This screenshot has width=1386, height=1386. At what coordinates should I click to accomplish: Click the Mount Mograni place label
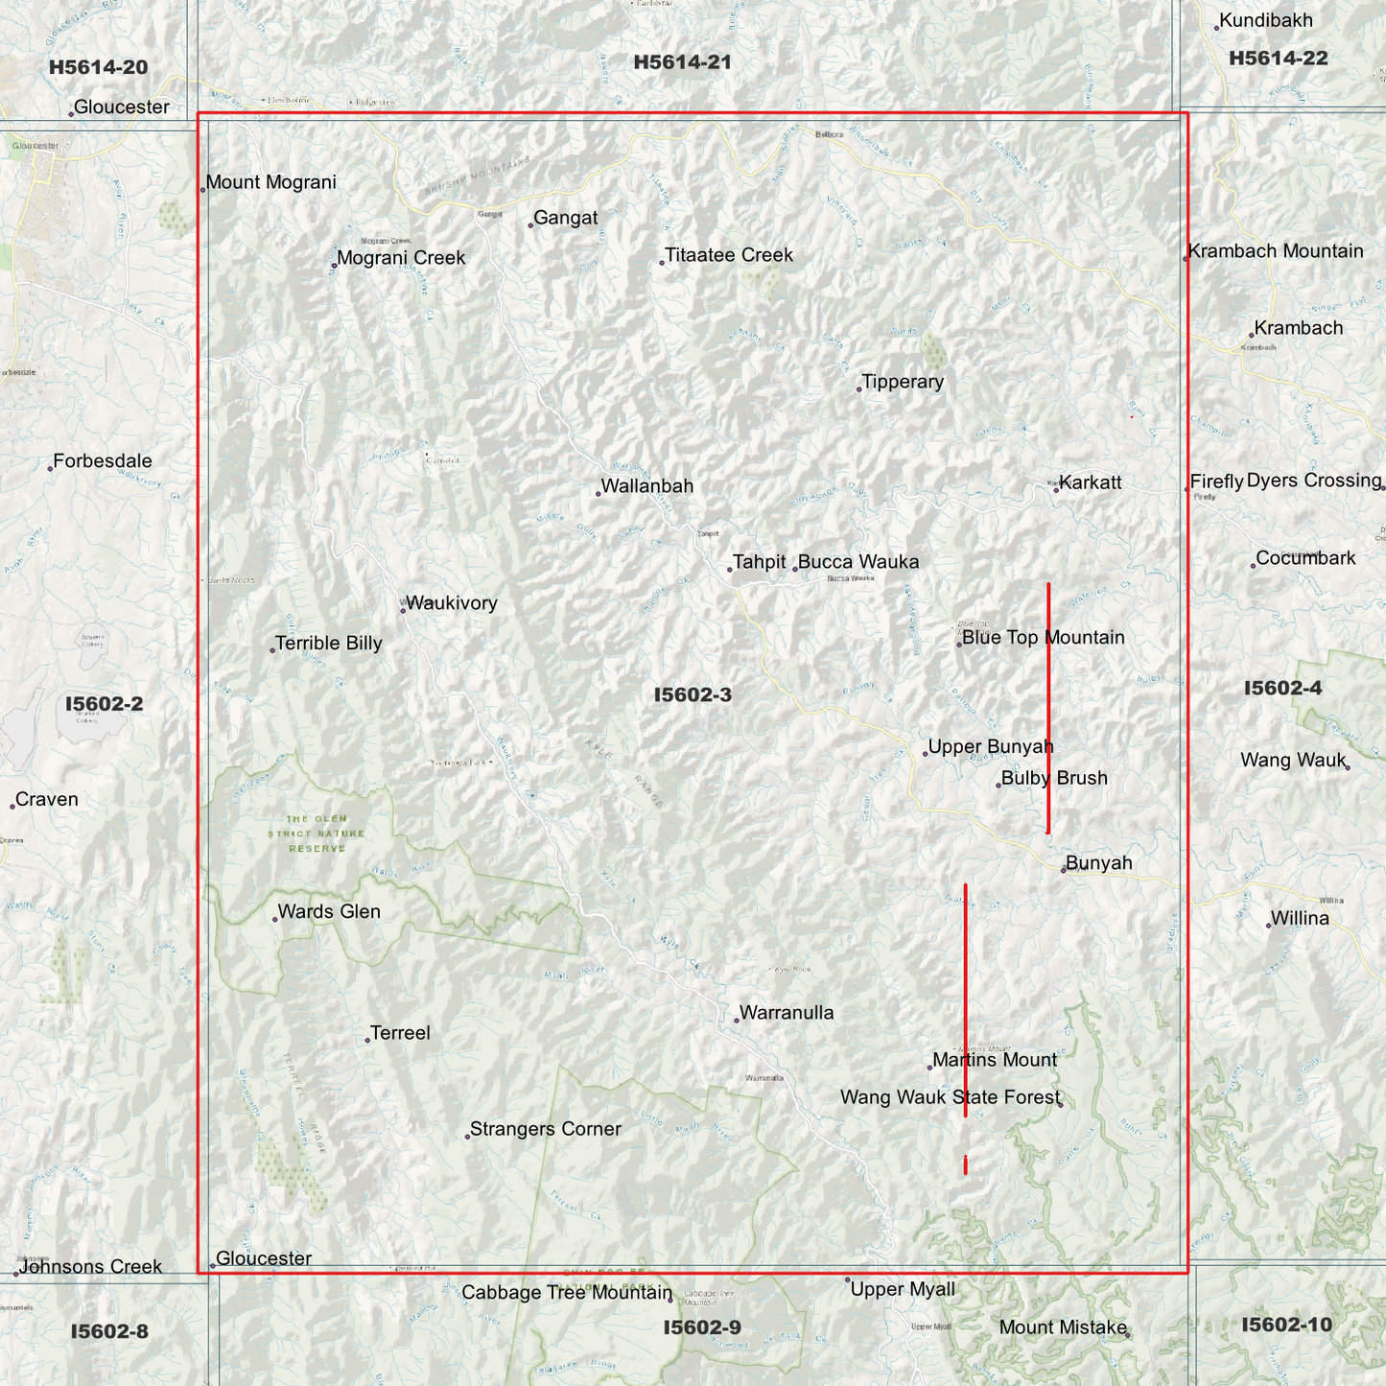[x=271, y=182]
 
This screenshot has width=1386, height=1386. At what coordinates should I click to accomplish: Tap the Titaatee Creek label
[x=729, y=255]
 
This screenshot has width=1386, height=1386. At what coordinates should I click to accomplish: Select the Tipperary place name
[x=903, y=382]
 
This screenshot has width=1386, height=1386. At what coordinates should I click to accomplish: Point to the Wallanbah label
[x=646, y=486]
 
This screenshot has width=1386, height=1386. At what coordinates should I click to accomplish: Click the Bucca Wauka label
[x=858, y=562]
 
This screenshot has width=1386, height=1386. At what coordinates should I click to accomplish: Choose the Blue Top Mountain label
[x=1044, y=638]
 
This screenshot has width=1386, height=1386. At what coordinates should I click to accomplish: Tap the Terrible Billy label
[x=329, y=644]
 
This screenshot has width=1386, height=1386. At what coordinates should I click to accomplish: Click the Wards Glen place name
[x=329, y=912]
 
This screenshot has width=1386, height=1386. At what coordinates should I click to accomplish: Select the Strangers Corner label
[x=546, y=1129]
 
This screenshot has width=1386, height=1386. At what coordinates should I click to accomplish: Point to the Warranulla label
[x=787, y=1013]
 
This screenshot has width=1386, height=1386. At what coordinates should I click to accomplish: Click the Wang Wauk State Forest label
[x=951, y=1097]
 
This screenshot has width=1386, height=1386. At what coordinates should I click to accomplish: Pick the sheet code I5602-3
[x=693, y=694]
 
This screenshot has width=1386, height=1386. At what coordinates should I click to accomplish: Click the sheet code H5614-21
[x=682, y=62]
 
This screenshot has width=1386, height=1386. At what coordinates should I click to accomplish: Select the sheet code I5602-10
[x=1286, y=1325]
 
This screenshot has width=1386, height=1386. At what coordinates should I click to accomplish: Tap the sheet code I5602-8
[x=109, y=1331]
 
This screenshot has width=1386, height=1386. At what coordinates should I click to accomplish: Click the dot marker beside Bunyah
[x=1064, y=870]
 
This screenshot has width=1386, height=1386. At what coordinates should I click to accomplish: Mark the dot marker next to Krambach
[x=1252, y=335]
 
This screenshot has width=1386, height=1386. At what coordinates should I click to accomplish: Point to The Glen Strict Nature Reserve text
[x=317, y=834]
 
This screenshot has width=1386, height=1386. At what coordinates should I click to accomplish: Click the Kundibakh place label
[x=1266, y=21]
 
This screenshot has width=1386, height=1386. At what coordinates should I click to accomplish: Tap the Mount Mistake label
[x=1063, y=1327]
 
